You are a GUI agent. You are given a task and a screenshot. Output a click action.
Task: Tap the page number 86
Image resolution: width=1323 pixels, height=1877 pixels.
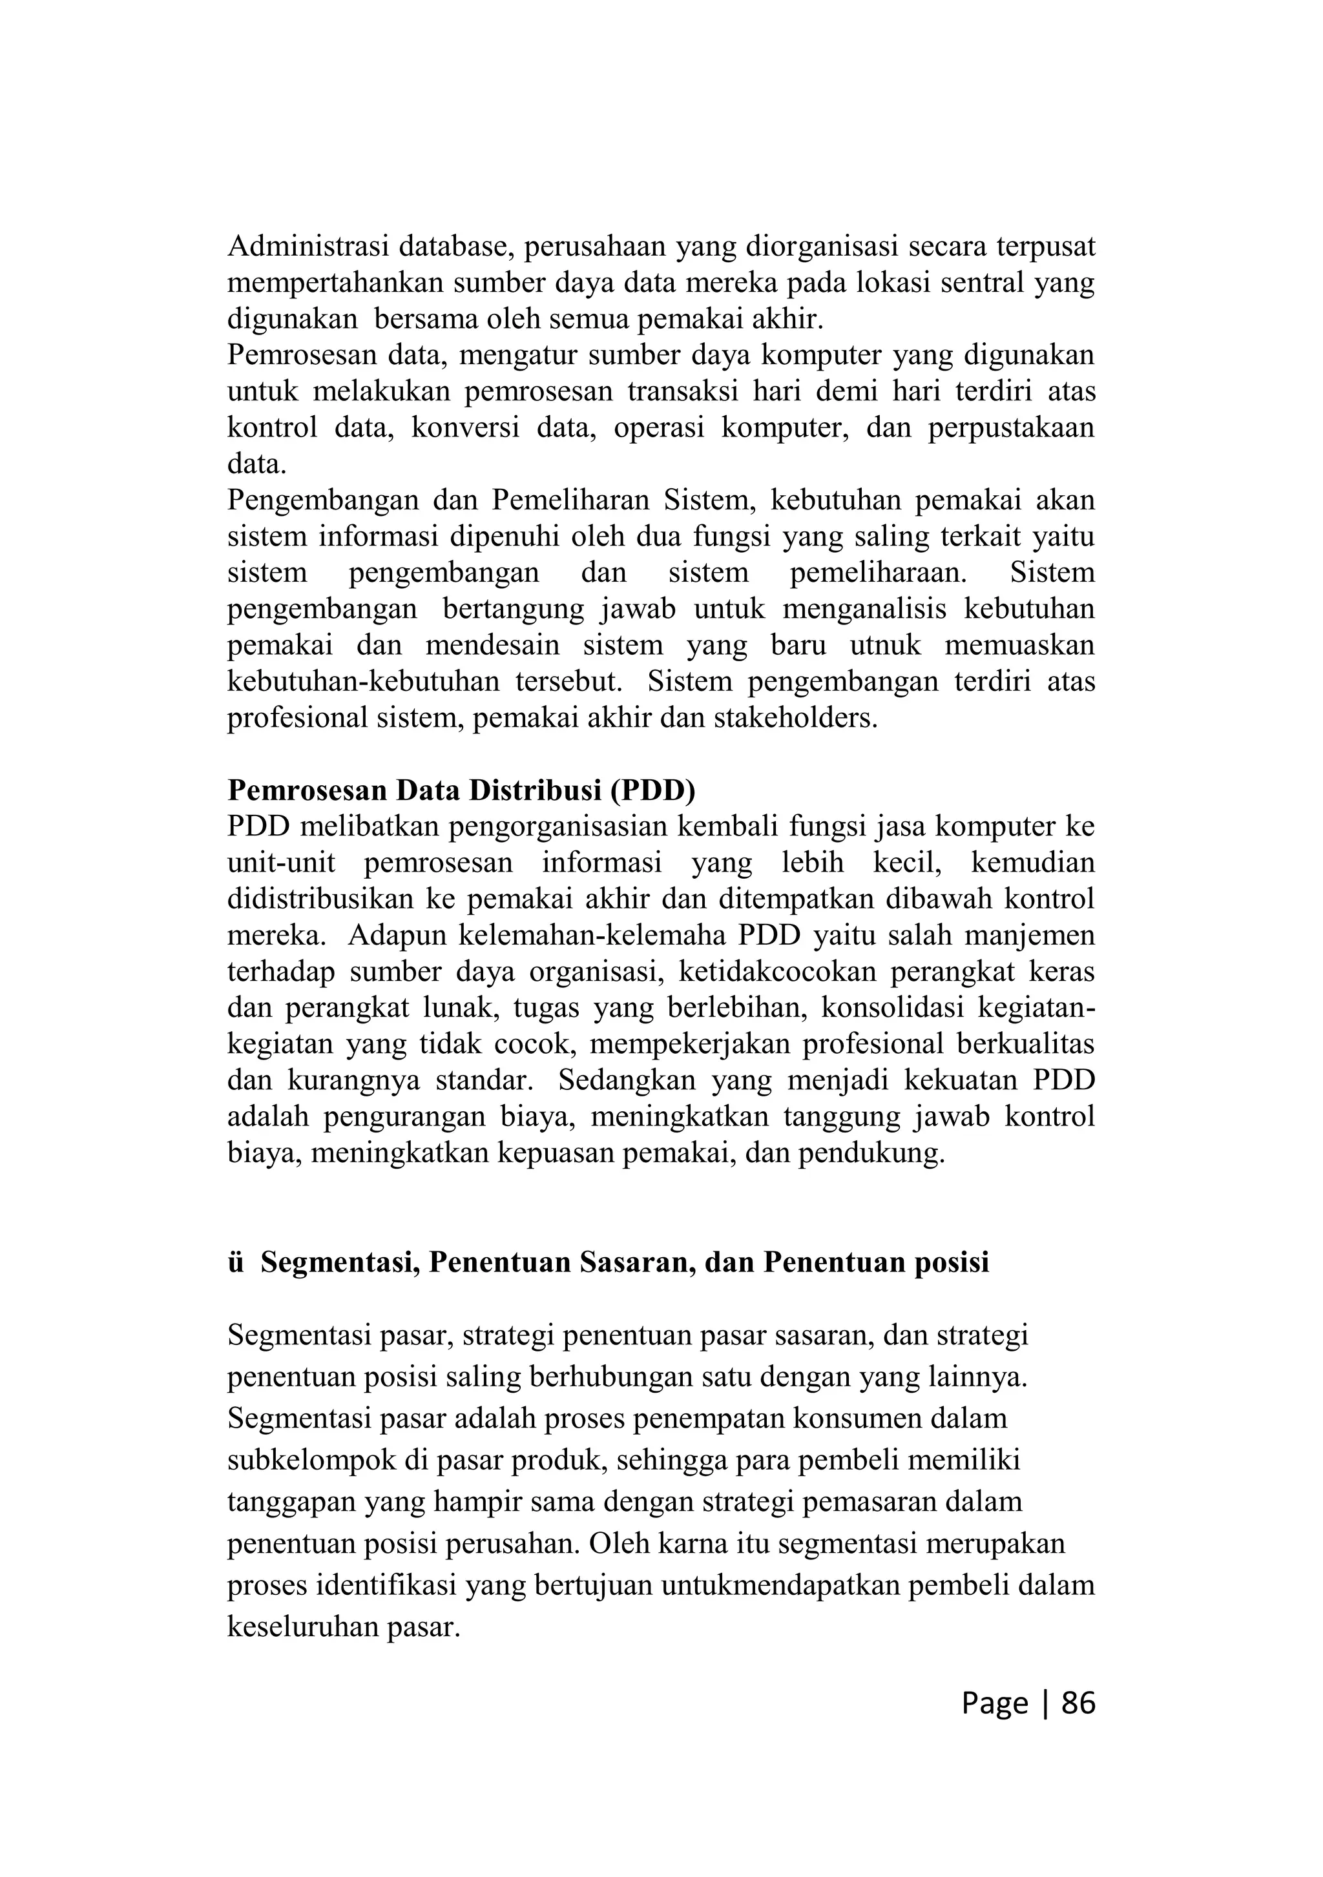(x=1078, y=1702)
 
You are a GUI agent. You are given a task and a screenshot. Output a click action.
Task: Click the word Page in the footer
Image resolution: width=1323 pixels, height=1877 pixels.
(x=994, y=1702)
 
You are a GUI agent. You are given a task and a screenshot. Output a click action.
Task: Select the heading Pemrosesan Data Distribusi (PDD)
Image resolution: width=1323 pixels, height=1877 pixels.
(x=461, y=790)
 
